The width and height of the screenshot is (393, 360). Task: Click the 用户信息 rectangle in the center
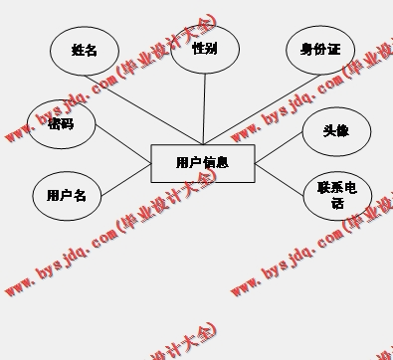click(x=202, y=163)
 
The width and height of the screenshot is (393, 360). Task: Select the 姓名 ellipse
click(x=85, y=51)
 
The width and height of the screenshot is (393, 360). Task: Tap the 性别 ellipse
click(x=205, y=48)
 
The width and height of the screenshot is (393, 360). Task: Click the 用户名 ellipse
click(x=67, y=196)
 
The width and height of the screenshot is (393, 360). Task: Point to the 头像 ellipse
click(x=336, y=130)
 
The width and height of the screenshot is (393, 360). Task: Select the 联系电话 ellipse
click(x=337, y=196)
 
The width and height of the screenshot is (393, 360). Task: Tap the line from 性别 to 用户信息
click(x=205, y=109)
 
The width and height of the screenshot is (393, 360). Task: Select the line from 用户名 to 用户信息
click(x=125, y=181)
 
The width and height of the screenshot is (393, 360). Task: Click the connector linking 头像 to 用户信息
click(x=280, y=147)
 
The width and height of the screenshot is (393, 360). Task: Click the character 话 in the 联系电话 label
click(x=337, y=204)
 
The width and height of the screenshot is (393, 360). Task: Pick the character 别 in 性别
click(x=211, y=48)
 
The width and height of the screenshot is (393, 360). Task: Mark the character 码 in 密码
click(x=68, y=124)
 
